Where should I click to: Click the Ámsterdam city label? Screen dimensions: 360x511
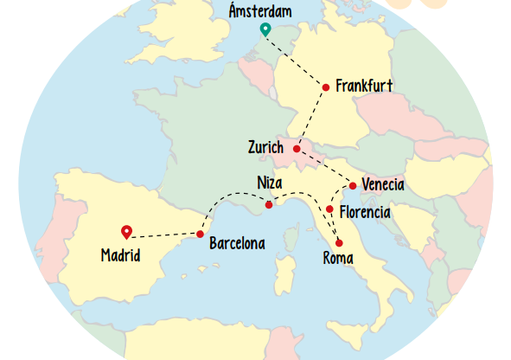(x=260, y=11)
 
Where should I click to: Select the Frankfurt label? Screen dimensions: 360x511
(x=364, y=86)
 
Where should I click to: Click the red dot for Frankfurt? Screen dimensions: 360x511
(x=326, y=87)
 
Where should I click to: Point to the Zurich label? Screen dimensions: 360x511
(x=265, y=148)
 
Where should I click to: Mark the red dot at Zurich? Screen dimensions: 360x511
(x=297, y=149)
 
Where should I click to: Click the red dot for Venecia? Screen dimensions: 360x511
(x=353, y=186)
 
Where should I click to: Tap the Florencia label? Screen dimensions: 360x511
(x=365, y=212)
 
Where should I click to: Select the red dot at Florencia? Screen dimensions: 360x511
(x=329, y=209)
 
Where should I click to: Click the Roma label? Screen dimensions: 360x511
(x=337, y=258)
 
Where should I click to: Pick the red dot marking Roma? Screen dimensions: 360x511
(x=339, y=242)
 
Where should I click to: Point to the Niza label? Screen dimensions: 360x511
(x=270, y=182)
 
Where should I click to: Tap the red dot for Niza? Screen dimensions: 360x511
(x=269, y=205)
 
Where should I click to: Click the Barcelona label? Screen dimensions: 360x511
(x=237, y=244)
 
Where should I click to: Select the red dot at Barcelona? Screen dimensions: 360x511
(x=200, y=235)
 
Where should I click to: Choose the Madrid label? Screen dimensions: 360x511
(x=120, y=255)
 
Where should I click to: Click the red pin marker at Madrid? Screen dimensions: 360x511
(x=127, y=231)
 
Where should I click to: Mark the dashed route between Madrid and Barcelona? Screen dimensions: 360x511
(x=164, y=235)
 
